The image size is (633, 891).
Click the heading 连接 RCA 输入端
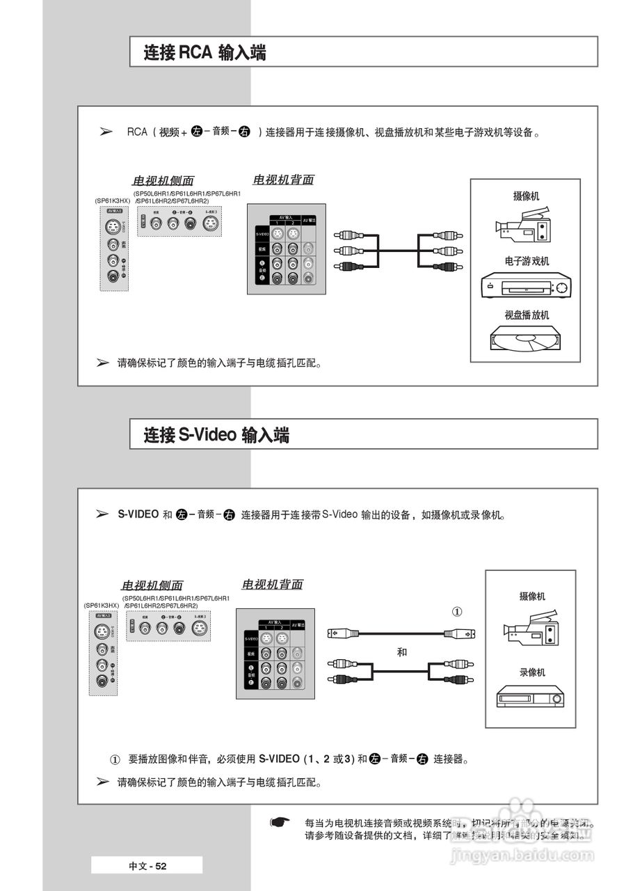pos(205,53)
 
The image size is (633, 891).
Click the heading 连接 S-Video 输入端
pos(216,436)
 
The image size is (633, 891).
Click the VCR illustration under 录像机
pos(530,695)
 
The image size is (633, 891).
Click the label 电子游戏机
pos(527,261)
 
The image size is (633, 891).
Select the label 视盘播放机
pos(527,315)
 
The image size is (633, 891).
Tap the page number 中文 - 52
pos(147,866)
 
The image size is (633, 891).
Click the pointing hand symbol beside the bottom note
pos(280,823)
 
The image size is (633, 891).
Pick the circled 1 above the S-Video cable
pos(457,612)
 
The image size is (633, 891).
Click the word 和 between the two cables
pos(402,652)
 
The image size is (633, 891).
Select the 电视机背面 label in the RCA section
pos(282,180)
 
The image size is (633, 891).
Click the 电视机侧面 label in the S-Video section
pos(152,585)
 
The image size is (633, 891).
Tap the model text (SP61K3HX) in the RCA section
pos(113,200)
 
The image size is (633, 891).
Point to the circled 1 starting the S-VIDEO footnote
pos(115,759)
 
